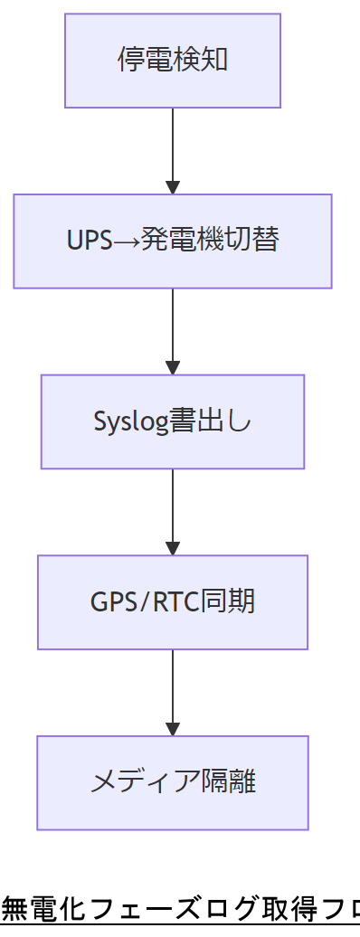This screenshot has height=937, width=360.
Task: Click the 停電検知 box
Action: click(x=172, y=61)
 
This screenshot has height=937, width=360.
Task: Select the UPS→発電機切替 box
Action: click(x=172, y=241)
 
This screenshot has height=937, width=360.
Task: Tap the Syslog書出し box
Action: click(x=172, y=421)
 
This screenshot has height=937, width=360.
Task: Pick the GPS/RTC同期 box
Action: click(x=172, y=601)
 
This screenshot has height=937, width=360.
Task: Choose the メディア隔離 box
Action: click(x=172, y=782)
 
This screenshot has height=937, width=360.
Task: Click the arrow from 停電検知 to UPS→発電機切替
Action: click(x=173, y=149)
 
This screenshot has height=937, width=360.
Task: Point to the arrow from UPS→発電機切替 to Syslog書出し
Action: click(x=173, y=329)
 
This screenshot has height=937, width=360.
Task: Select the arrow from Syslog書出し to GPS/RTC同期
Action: click(x=173, y=510)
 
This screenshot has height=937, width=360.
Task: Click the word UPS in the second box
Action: click(x=89, y=241)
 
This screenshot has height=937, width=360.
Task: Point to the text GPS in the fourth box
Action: click(x=110, y=601)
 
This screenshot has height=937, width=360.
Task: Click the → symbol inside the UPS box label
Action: click(x=127, y=241)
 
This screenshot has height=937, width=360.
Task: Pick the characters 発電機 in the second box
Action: click(x=181, y=241)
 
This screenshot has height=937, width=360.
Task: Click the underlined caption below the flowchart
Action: click(x=180, y=907)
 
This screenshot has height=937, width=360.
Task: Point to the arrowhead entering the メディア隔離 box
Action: click(x=173, y=729)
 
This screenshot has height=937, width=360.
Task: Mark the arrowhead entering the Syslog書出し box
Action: click(x=173, y=368)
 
